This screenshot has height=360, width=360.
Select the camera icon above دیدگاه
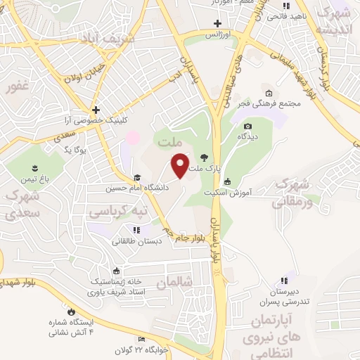pyautogui.click(x=247, y=127)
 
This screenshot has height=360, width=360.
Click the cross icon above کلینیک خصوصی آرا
pyautogui.click(x=96, y=110)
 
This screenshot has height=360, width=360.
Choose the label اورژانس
pyautogui.click(x=218, y=34)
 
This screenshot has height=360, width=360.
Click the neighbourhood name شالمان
pyautogui.click(x=174, y=282)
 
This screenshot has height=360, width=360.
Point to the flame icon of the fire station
pyautogui.click(x=70, y=311)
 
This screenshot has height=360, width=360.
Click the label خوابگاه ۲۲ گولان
pyautogui.click(x=166, y=349)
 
